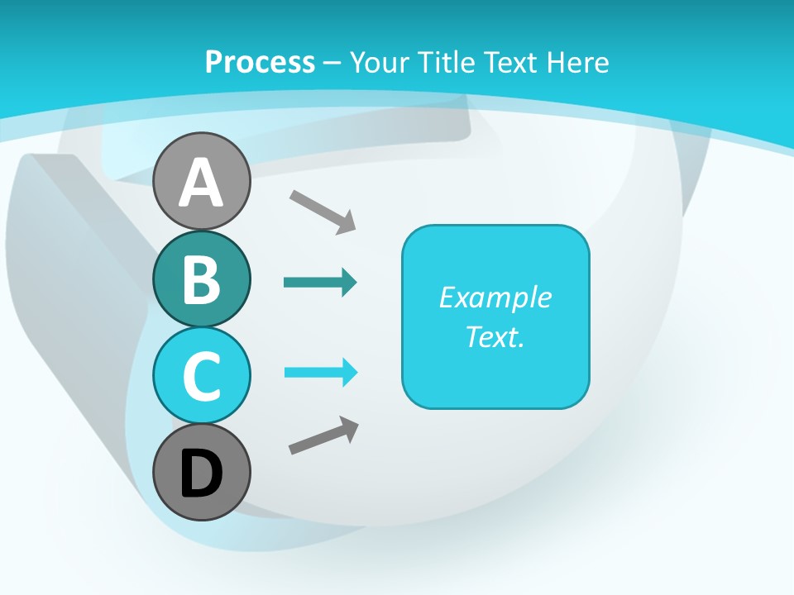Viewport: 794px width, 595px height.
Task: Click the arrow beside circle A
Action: point(323,211)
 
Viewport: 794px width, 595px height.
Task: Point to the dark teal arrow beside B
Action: point(320,283)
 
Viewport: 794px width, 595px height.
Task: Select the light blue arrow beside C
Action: point(321,373)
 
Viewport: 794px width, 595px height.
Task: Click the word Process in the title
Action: point(260,62)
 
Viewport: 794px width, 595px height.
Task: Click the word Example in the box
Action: point(495,297)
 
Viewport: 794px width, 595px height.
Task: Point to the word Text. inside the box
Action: point(495,336)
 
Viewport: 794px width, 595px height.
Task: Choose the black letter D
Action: point(201,474)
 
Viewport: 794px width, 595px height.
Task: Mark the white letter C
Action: point(201,376)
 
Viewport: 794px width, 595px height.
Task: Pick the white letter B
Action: point(201,279)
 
